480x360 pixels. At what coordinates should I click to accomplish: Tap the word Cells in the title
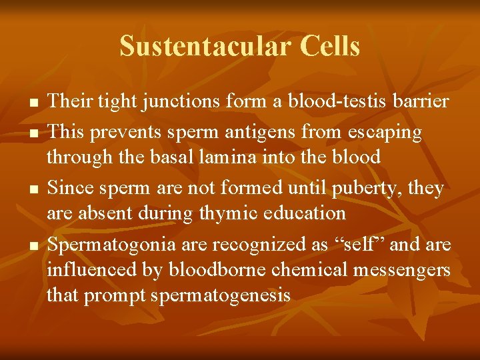coord(331,47)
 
